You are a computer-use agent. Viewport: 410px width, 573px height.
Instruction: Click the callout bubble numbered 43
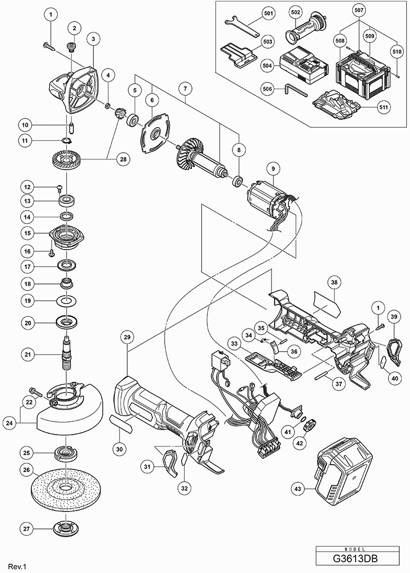coord(298,489)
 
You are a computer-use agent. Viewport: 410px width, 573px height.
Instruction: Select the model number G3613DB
coord(357,559)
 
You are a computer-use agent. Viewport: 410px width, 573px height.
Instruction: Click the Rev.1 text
coord(18,566)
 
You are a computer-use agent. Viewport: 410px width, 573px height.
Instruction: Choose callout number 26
coord(26,470)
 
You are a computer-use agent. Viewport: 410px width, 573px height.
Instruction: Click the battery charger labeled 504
coord(302,65)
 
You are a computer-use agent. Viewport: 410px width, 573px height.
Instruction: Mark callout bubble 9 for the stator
coord(273,169)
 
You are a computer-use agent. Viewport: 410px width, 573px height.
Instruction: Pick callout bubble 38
coord(334,282)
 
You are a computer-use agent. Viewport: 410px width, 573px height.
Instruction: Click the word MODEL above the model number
coord(357,549)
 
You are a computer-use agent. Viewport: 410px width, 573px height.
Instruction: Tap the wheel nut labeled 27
coord(66,528)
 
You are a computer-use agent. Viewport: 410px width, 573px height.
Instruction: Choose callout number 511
coord(384,107)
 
